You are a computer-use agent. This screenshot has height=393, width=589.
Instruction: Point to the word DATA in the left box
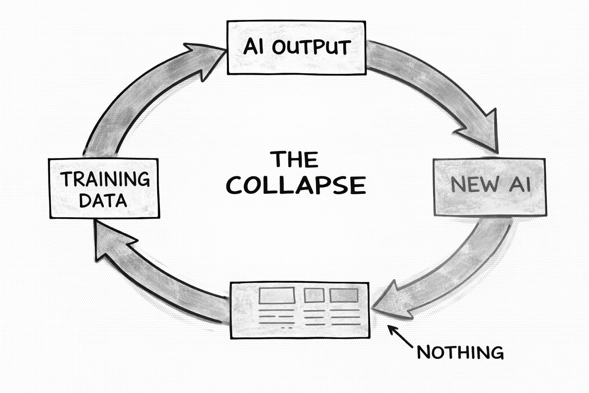point(103,200)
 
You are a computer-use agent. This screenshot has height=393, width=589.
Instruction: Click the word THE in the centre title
point(294,159)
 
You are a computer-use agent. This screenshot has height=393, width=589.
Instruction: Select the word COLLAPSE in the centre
point(296,185)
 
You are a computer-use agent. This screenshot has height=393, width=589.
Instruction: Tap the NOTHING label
point(460,352)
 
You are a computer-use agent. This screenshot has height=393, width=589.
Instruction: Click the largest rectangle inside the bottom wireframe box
point(277,295)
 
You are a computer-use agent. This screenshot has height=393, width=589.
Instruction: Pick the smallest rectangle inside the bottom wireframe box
point(314,295)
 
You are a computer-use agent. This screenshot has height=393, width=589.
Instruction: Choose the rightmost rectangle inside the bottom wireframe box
point(344,295)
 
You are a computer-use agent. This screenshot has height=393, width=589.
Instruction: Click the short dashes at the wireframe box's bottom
point(287,328)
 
